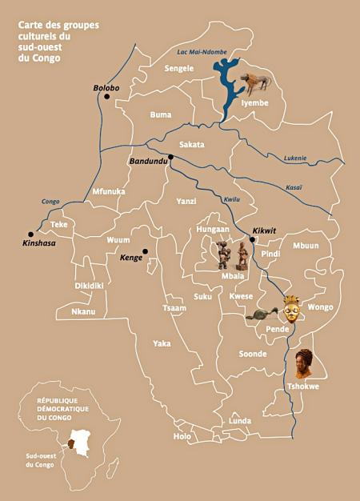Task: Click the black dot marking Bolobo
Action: (x=106, y=97)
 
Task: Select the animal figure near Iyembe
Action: (x=257, y=81)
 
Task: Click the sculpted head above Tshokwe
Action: (x=303, y=363)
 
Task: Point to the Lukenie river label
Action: (x=295, y=158)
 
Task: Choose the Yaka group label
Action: (x=162, y=343)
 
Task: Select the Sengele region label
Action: (x=179, y=69)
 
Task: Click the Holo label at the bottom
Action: (x=182, y=436)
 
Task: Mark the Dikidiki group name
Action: (x=90, y=286)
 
